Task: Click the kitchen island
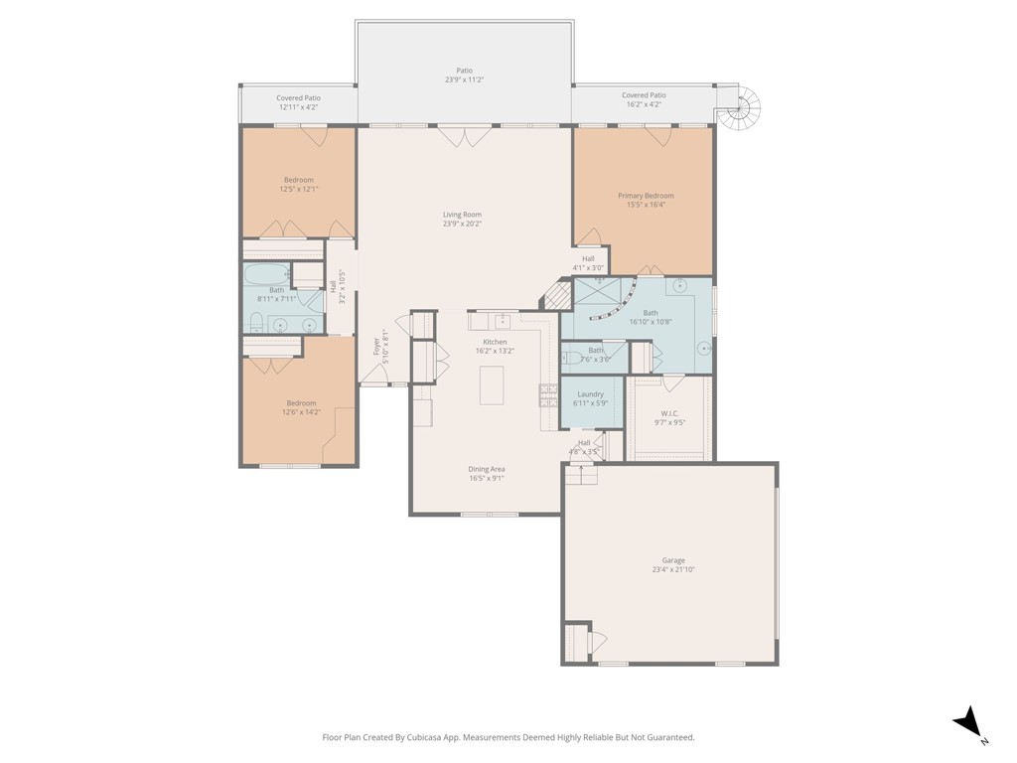point(492,385)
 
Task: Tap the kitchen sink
point(504,320)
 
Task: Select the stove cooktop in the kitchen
point(547,395)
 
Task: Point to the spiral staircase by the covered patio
point(741,107)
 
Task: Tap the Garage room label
point(668,560)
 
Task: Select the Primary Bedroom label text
point(646,196)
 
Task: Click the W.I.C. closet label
point(669,412)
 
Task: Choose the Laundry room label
point(590,394)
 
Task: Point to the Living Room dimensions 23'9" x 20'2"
point(462,225)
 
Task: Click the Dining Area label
point(487,469)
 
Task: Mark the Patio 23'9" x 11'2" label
point(463,76)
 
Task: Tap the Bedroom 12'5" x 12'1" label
point(299,185)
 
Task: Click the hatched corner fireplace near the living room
point(557,294)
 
